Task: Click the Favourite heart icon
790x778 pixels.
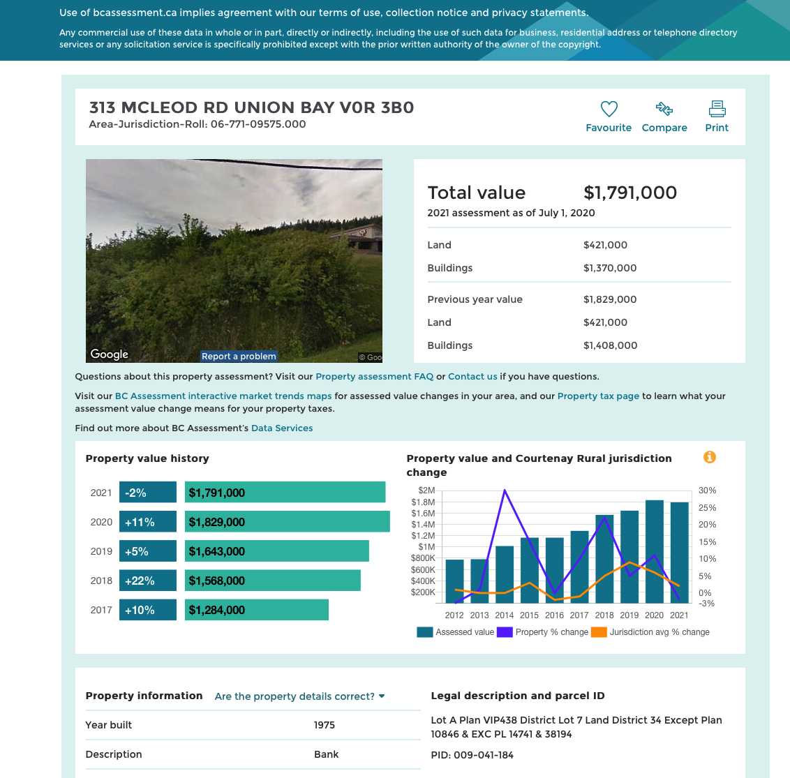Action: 609,109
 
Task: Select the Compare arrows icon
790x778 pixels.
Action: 664,108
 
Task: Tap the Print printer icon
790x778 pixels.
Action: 717,109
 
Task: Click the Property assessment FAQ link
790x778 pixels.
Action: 374,376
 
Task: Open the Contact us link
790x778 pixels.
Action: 472,376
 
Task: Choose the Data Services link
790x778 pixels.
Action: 282,428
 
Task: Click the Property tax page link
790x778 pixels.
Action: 598,396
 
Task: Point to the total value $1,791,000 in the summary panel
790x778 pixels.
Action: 629,193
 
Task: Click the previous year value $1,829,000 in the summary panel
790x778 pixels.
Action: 610,299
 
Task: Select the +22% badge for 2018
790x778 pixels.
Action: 148,581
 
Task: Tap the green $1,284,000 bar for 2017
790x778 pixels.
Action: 256,610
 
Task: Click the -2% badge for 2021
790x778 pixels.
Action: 148,493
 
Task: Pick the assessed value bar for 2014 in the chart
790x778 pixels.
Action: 505,574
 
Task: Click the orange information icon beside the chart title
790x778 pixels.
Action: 709,457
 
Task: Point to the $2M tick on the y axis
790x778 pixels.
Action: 426,491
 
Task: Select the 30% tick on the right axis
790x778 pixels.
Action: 707,491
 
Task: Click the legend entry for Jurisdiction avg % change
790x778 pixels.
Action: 650,632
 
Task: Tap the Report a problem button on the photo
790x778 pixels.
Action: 239,357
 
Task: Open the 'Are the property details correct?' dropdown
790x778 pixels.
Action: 300,696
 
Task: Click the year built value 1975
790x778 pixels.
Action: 325,724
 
